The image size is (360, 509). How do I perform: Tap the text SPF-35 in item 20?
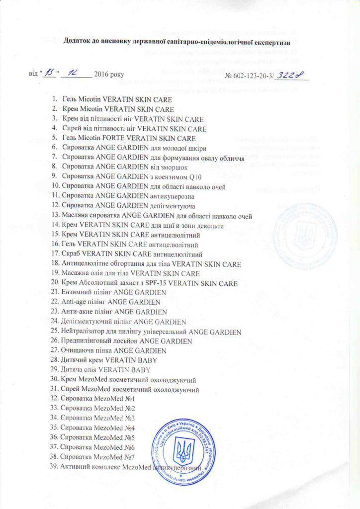[148, 283]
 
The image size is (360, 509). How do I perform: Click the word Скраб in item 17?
[72, 254]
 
